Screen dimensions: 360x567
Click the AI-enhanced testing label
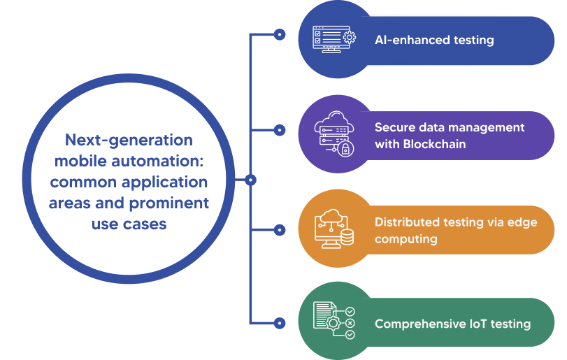(x=434, y=40)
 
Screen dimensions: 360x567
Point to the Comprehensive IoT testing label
(x=452, y=324)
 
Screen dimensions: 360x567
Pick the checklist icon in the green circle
(x=333, y=322)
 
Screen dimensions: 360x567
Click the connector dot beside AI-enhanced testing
(x=280, y=34)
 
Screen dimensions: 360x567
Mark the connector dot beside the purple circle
(x=280, y=130)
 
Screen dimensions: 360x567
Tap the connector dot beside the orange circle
(x=280, y=229)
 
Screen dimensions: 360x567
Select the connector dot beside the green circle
(x=280, y=323)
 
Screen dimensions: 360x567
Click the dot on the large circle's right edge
(x=251, y=180)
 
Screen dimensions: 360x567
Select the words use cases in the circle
(x=129, y=224)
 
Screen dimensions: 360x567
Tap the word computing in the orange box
(x=405, y=238)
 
